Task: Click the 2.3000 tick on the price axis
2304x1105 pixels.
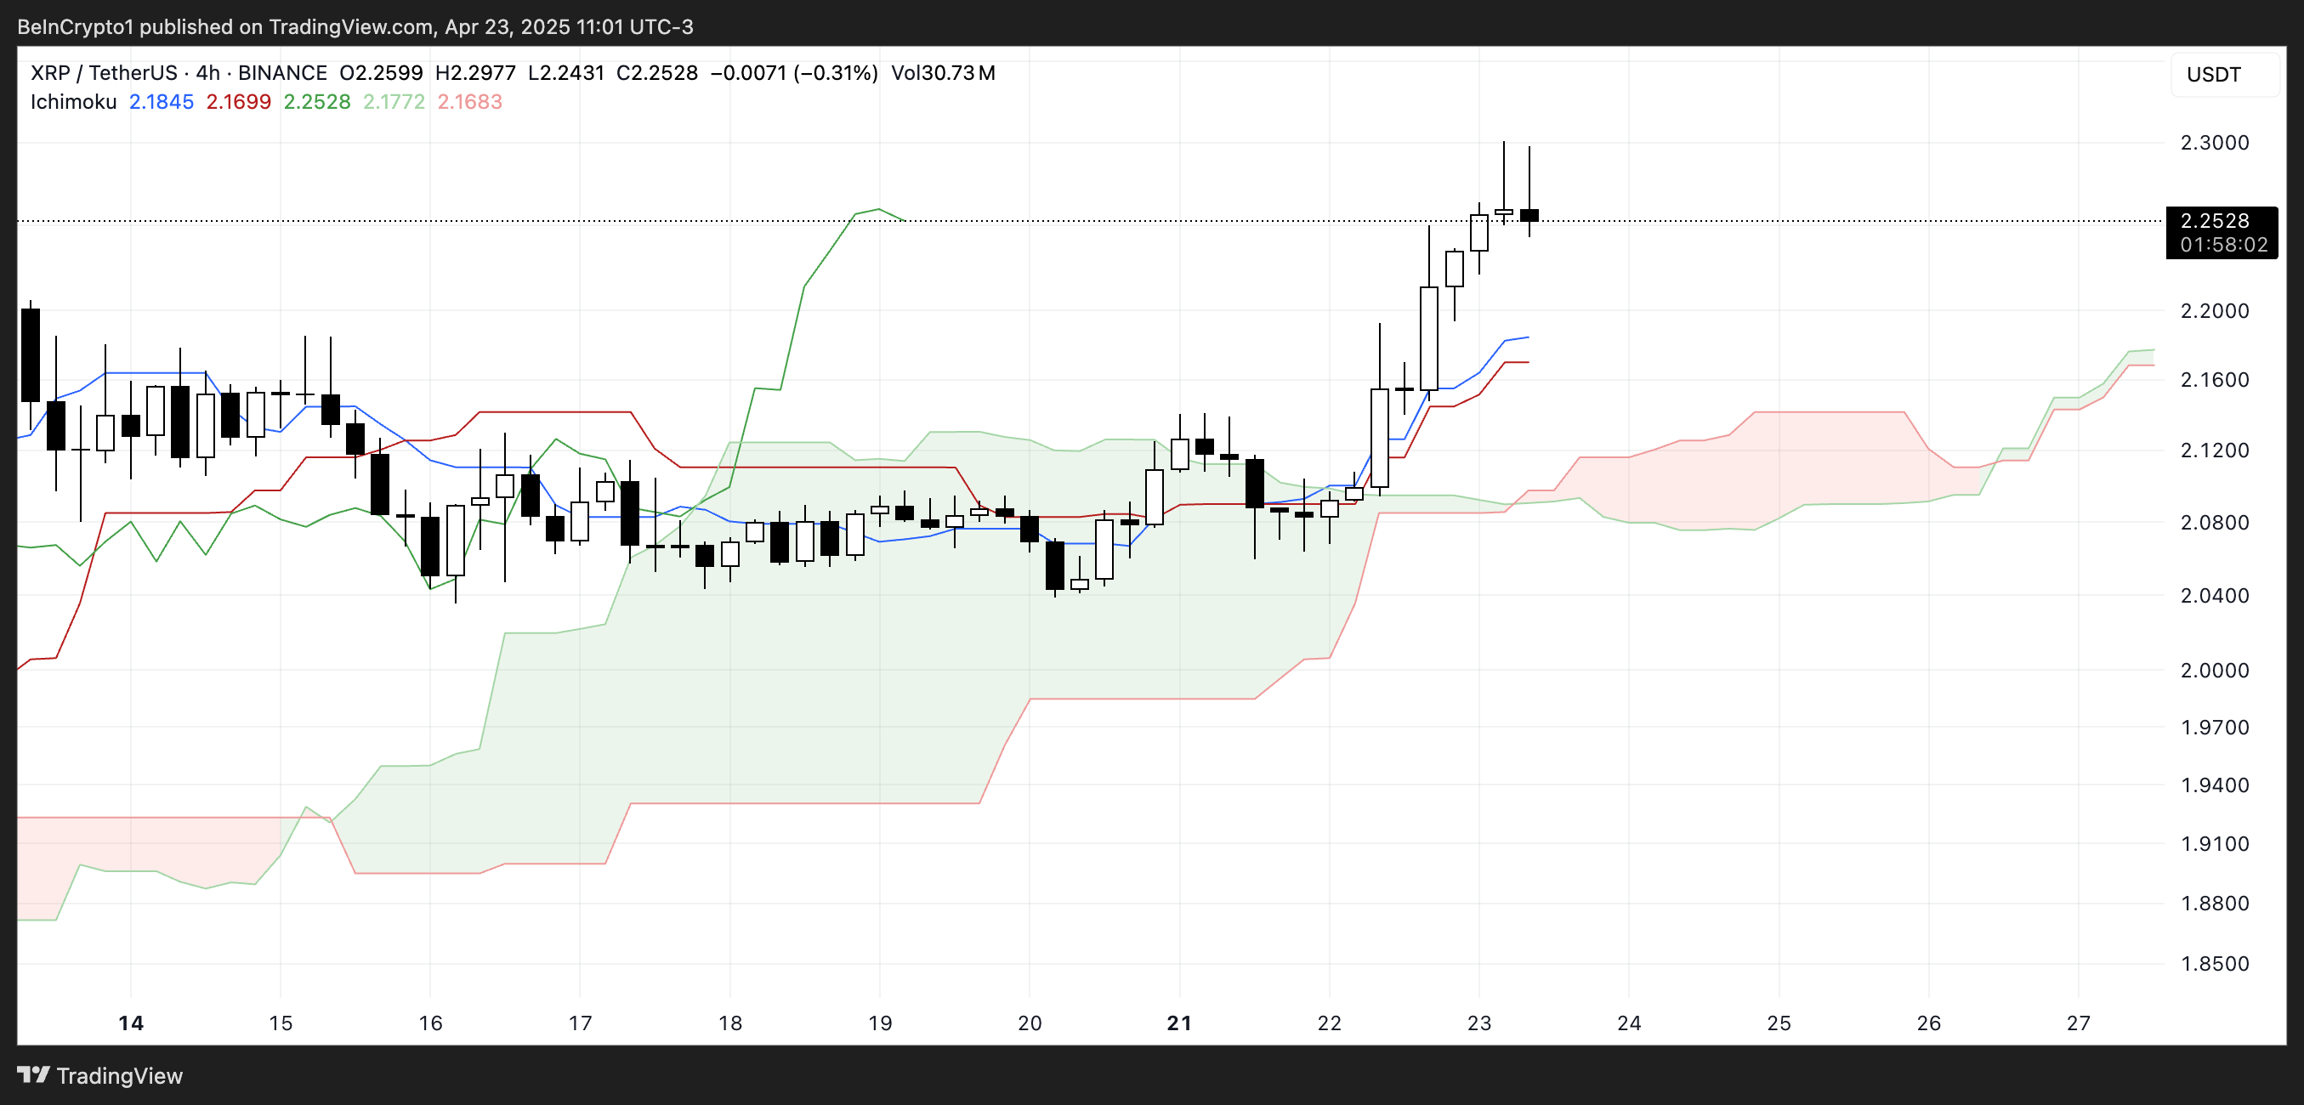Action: tap(2214, 143)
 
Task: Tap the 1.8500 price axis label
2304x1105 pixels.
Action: tap(2214, 964)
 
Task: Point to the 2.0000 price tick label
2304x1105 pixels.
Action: tap(2214, 671)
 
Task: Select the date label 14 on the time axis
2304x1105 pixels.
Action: tap(131, 1023)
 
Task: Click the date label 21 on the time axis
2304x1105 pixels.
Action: tap(1179, 1023)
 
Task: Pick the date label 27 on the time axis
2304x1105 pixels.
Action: tap(2078, 1023)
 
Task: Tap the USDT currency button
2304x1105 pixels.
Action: tap(2214, 75)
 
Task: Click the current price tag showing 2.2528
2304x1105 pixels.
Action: tap(2214, 221)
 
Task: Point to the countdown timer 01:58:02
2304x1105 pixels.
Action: tap(2222, 245)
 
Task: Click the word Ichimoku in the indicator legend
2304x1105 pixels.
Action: tap(73, 102)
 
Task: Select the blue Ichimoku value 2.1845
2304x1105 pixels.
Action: tap(161, 102)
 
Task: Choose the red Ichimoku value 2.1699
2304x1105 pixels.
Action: tap(238, 102)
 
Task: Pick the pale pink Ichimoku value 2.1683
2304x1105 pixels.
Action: tap(469, 102)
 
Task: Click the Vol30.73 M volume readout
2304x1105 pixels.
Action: tap(943, 73)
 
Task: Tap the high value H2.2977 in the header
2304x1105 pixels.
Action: tap(475, 73)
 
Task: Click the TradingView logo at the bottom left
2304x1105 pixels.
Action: tap(100, 1075)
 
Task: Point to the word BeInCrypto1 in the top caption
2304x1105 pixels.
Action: tap(74, 27)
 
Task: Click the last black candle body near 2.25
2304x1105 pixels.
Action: tap(1529, 215)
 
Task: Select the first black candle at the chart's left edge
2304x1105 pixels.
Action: tap(31, 355)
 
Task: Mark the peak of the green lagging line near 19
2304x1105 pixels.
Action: tap(878, 209)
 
